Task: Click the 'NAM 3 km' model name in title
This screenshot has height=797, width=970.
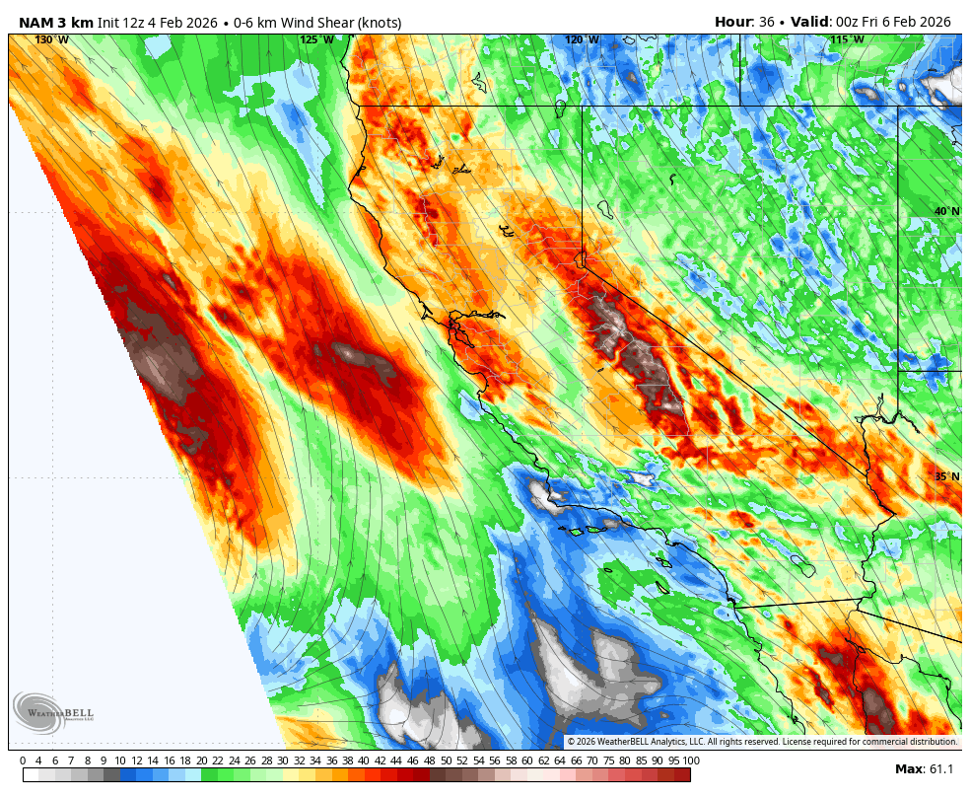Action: (x=55, y=22)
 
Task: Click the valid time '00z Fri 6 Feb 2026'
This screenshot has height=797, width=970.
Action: (x=893, y=22)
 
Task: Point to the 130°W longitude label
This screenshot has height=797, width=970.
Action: (x=52, y=39)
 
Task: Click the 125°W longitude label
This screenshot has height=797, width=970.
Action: (x=316, y=39)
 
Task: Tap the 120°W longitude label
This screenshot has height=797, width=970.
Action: (x=582, y=39)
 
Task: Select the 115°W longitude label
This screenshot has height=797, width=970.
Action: (x=847, y=39)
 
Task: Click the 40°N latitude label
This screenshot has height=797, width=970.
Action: (x=946, y=212)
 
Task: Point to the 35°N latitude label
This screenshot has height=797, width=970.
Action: (x=946, y=476)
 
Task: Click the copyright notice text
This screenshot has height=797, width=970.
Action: (x=762, y=741)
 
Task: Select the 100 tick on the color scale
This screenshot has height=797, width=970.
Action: (x=690, y=761)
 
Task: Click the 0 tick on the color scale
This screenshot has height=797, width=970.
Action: (x=23, y=761)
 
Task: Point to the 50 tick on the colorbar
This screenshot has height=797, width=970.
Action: (x=446, y=761)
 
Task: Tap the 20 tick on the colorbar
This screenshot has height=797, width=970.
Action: (x=201, y=761)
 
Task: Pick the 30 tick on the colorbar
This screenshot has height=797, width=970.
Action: (x=283, y=761)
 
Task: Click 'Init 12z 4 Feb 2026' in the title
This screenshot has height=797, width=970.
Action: (x=158, y=22)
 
